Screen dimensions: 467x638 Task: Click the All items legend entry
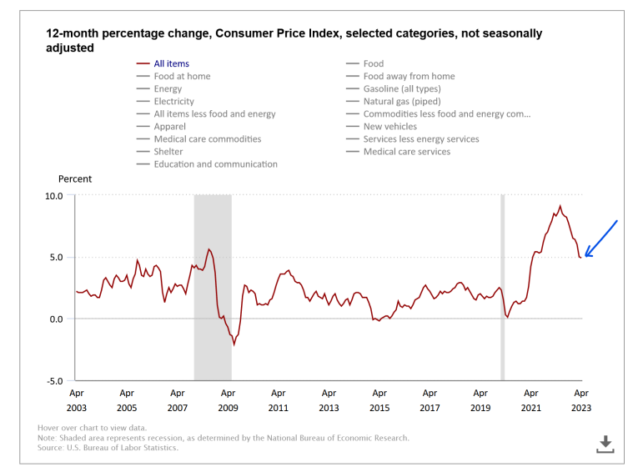click(171, 63)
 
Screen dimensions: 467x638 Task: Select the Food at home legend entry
click(182, 76)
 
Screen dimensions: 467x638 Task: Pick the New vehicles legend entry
click(389, 127)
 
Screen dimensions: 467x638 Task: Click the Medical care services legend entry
click(406, 152)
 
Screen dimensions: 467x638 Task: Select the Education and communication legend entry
click(215, 164)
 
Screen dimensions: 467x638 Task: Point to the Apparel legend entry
click(171, 127)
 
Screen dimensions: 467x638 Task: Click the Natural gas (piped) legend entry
click(402, 101)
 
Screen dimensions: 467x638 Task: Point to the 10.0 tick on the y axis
click(54, 195)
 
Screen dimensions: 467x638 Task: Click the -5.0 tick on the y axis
click(54, 381)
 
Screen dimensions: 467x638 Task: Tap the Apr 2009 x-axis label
click(228, 400)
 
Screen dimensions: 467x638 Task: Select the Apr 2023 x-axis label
click(581, 400)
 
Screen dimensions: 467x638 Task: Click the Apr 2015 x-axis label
click(379, 400)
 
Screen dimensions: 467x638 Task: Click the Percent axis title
click(75, 178)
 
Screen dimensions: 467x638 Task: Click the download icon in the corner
click(605, 444)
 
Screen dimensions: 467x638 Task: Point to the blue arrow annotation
click(600, 239)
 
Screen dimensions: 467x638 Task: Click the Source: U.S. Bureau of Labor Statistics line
click(108, 448)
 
